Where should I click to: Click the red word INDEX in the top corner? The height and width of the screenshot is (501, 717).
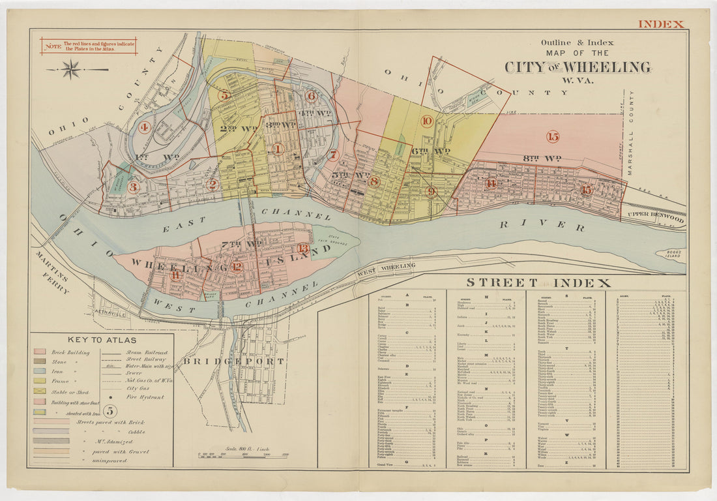[661, 24]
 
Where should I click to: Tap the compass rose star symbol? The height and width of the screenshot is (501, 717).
[72, 68]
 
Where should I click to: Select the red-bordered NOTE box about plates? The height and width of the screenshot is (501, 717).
[89, 46]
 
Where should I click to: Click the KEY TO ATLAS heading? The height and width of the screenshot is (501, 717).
[102, 339]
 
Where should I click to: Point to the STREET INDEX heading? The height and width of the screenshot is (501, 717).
[538, 282]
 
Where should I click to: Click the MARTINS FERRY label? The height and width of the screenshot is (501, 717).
[53, 272]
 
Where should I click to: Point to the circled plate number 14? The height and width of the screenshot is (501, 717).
[491, 184]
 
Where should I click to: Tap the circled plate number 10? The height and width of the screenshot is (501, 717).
[427, 121]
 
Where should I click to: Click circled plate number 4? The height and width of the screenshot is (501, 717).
[144, 127]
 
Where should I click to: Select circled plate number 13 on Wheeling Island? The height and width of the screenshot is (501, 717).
[303, 248]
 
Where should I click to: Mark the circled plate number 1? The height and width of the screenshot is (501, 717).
[278, 149]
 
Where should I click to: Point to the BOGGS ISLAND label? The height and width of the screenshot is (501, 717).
[671, 254]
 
